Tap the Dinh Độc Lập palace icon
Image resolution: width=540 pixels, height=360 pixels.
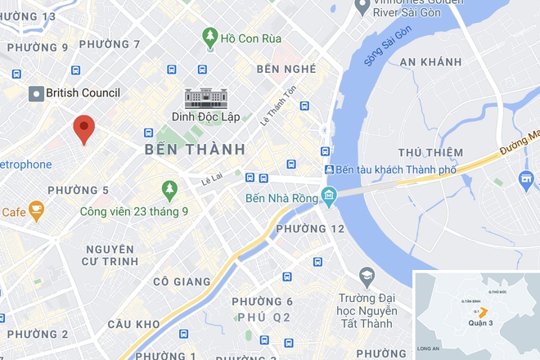click(205, 98)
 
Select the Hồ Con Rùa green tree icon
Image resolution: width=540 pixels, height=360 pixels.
click(210, 37)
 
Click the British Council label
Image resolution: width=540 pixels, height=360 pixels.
click(83, 93)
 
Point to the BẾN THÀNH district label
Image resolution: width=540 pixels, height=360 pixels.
click(195, 150)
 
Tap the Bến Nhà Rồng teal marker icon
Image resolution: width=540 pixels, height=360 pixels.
click(329, 196)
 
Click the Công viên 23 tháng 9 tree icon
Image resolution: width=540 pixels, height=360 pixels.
click(169, 190)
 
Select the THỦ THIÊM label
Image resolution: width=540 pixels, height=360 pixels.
click(430, 153)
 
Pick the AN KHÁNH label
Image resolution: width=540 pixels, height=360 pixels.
click(430, 61)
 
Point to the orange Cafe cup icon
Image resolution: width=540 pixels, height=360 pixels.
click(36, 212)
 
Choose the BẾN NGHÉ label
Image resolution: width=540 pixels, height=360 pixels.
click(286, 68)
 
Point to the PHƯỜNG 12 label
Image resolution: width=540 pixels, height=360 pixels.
click(311, 229)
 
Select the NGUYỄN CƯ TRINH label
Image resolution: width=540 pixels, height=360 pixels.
click(109, 254)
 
